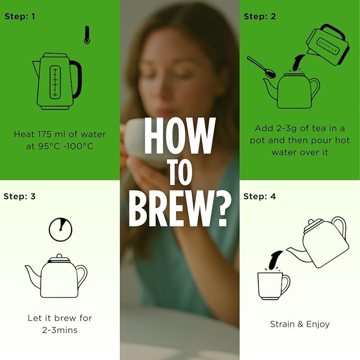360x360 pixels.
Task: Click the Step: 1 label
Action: pyautogui.click(x=20, y=16)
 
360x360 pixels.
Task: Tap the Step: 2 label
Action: pyautogui.click(x=260, y=16)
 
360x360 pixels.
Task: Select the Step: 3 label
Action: pyautogui.click(x=20, y=196)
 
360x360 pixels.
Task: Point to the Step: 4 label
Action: pyautogui.click(x=259, y=196)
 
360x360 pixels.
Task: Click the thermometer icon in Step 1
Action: pyautogui.click(x=87, y=35)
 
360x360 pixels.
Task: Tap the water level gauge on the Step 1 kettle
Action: pyautogui.click(x=55, y=82)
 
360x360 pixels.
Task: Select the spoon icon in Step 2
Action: pyautogui.click(x=262, y=67)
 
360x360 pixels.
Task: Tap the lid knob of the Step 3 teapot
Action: pyautogui.click(x=59, y=256)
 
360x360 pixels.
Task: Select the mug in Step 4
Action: pyautogui.click(x=274, y=286)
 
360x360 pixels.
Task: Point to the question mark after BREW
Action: pyautogui.click(x=221, y=208)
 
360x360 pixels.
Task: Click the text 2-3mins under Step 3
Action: pyautogui.click(x=60, y=330)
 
